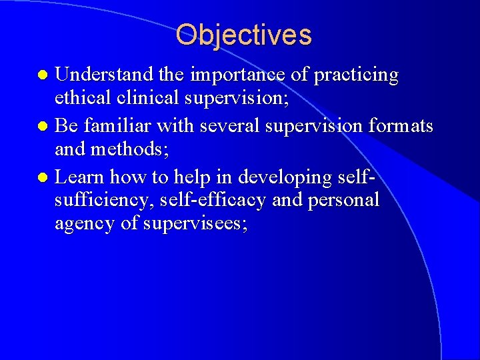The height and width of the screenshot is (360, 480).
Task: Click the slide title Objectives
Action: pyautogui.click(x=243, y=35)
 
